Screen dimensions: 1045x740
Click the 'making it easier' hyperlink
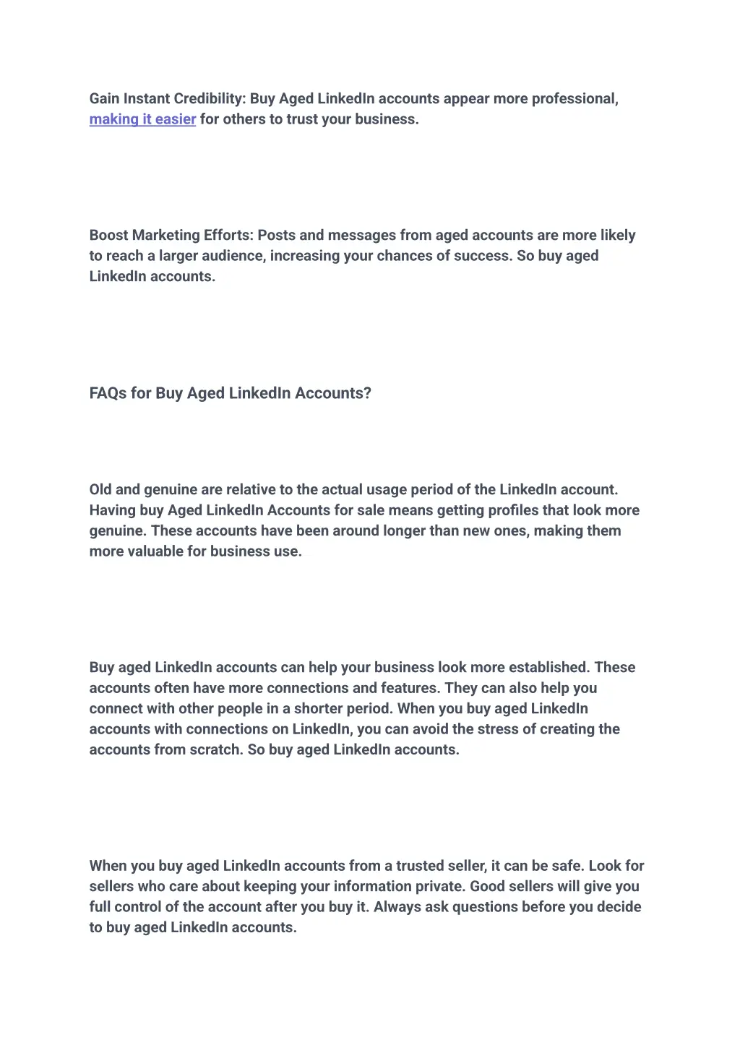142,119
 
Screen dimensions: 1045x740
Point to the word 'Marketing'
166,236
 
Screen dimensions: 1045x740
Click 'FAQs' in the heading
108,393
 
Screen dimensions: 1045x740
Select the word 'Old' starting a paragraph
100,490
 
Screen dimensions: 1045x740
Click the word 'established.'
548,668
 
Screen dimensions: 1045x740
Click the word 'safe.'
567,866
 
